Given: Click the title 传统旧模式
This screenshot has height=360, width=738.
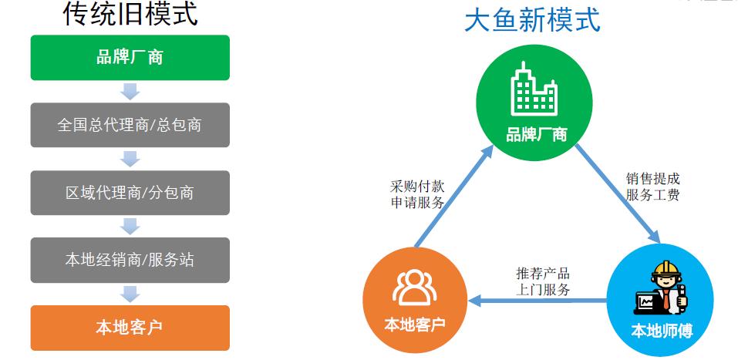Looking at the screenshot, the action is [x=130, y=14].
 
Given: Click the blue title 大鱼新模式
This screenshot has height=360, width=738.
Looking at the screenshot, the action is [x=532, y=20].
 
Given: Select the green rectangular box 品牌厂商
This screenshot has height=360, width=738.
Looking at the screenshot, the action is [x=130, y=57].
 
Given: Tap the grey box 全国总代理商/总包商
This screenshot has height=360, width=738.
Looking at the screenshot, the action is [x=130, y=125].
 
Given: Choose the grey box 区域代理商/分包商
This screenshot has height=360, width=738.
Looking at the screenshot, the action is [x=130, y=193].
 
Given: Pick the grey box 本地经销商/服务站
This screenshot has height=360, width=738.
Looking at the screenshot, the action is [x=130, y=260].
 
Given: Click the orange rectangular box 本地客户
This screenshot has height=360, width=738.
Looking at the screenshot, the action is [x=130, y=328].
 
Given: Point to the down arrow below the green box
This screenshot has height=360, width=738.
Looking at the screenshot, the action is [x=130, y=92].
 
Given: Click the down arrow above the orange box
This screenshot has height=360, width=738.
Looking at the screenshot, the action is [x=130, y=294].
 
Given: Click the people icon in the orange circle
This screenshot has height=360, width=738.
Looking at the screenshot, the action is [x=415, y=288].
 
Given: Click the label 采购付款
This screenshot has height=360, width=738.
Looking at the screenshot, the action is [x=417, y=187].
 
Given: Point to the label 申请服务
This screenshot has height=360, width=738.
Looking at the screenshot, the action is [x=417, y=203].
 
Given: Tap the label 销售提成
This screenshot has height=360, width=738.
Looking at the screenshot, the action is [x=653, y=179].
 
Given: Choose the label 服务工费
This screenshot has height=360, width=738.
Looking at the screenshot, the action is [x=653, y=195].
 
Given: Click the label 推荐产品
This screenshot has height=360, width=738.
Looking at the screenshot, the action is [x=543, y=273].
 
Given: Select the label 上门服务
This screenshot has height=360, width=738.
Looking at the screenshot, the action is [x=543, y=289].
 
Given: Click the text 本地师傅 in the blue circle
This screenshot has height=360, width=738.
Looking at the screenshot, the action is [x=662, y=331].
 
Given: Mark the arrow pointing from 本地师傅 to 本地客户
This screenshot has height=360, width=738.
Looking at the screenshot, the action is [x=537, y=300].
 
